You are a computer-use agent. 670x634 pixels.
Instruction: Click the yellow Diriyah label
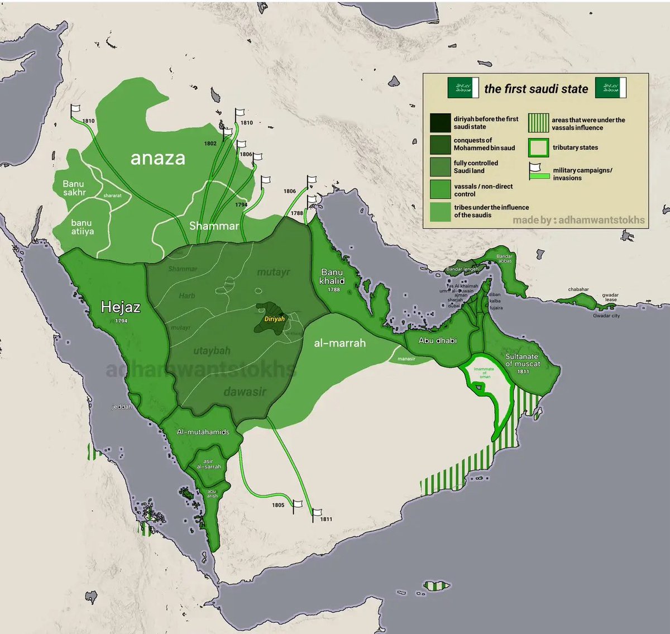pyautogui.click(x=274, y=319)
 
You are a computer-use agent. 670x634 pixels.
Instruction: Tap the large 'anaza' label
pyautogui.click(x=157, y=158)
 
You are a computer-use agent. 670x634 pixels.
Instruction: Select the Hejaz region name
pyautogui.click(x=121, y=307)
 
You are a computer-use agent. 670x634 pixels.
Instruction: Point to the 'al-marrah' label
pyautogui.click(x=339, y=343)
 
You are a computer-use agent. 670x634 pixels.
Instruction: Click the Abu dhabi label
pyautogui.click(x=438, y=340)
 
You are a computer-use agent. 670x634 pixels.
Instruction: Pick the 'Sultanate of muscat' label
pyautogui.click(x=523, y=360)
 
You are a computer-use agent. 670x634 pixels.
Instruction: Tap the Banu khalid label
pyautogui.click(x=332, y=277)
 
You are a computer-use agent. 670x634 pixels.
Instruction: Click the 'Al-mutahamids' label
pyautogui.click(x=203, y=432)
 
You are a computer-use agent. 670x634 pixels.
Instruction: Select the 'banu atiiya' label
pyautogui.click(x=82, y=227)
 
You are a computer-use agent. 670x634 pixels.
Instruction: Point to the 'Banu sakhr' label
pyautogui.click(x=74, y=188)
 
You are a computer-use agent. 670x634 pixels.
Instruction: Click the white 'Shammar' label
pyautogui.click(x=214, y=226)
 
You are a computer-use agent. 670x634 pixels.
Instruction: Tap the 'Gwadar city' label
pyautogui.click(x=606, y=316)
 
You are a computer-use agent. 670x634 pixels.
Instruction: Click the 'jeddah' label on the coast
pyautogui.click(x=122, y=407)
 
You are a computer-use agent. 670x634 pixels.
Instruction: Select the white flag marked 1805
pyautogui.click(x=298, y=504)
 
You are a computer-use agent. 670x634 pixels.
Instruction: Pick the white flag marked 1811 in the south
pyautogui.click(x=317, y=512)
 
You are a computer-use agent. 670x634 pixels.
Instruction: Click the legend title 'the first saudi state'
pyautogui.click(x=536, y=89)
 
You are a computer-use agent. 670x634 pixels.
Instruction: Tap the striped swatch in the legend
pyautogui.click(x=538, y=123)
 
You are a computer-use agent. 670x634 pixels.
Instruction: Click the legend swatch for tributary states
pyautogui.click(x=538, y=148)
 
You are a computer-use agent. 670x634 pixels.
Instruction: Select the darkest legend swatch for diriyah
pyautogui.click(x=440, y=122)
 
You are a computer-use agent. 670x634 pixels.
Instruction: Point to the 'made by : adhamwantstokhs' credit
pyautogui.click(x=578, y=220)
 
